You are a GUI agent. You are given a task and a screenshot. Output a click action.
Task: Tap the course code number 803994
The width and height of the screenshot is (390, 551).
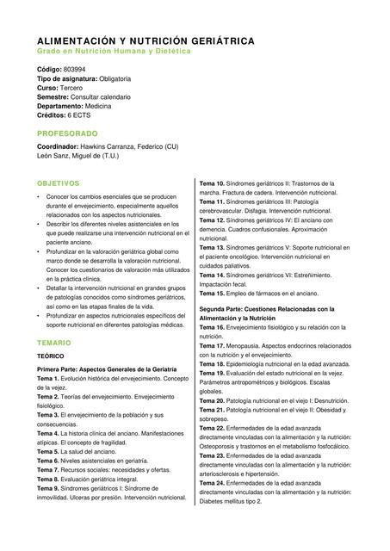[75, 69]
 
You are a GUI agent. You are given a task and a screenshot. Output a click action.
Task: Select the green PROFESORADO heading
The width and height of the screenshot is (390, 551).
[67, 133]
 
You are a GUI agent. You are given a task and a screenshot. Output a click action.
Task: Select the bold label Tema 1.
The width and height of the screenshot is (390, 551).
[47, 379]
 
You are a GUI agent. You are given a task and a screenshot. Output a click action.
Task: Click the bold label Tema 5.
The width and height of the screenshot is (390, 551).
[47, 451]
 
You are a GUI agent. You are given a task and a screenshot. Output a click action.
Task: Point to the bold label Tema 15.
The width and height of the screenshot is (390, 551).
[212, 293]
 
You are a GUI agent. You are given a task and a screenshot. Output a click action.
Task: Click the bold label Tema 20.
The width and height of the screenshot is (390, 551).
[212, 400]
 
